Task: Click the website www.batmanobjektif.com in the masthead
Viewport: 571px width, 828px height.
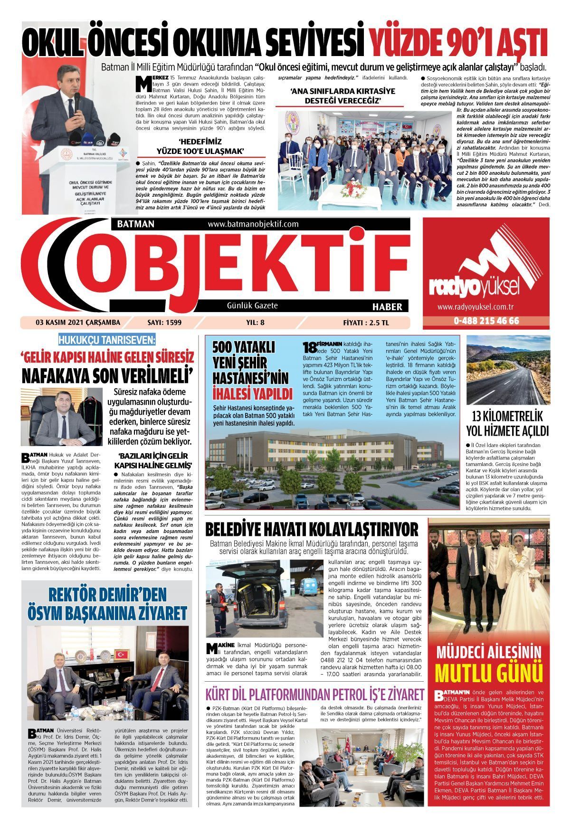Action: (253, 224)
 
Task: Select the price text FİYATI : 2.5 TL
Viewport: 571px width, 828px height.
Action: (365, 323)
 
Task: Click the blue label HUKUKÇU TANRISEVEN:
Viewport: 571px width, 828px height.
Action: (106, 340)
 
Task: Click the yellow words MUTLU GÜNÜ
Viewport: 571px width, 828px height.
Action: (489, 673)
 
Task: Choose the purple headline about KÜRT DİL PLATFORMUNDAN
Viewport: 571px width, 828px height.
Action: (314, 695)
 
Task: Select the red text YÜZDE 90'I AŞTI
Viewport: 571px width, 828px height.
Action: (458, 43)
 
